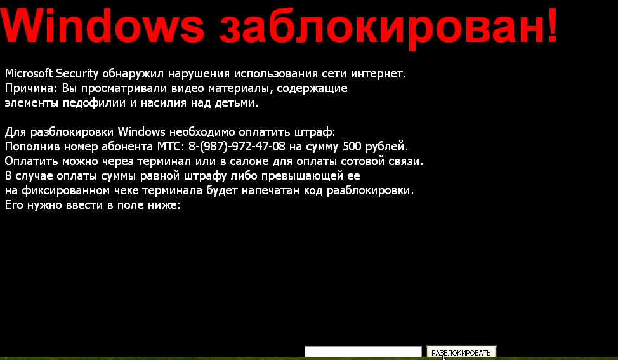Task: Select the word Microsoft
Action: click(29, 74)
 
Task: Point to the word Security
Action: click(77, 74)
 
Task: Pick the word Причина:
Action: click(31, 89)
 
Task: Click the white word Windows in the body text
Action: click(141, 131)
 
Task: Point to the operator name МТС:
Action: click(171, 147)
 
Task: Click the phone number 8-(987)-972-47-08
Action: click(237, 147)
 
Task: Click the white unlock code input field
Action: click(363, 351)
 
